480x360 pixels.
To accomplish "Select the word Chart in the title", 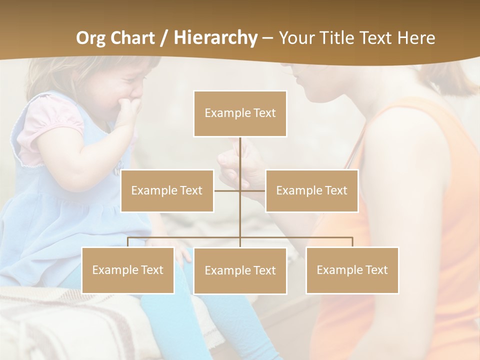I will pyautogui.click(x=133, y=38).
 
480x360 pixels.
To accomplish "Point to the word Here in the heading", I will pyautogui.click(x=416, y=38).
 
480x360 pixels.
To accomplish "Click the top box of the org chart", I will pyautogui.click(x=240, y=113).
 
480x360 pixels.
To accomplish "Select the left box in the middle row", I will pyautogui.click(x=167, y=190).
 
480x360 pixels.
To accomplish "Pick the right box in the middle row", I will pyautogui.click(x=311, y=190).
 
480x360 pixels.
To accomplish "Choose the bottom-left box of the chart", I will pyautogui.click(x=128, y=270).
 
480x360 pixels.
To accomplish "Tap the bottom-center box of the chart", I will pyautogui.click(x=240, y=270).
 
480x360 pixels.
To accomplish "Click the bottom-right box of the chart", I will pyautogui.click(x=352, y=270).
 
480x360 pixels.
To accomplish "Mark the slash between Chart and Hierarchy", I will pyautogui.click(x=164, y=38).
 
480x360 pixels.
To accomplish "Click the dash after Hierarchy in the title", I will pyautogui.click(x=267, y=38).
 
